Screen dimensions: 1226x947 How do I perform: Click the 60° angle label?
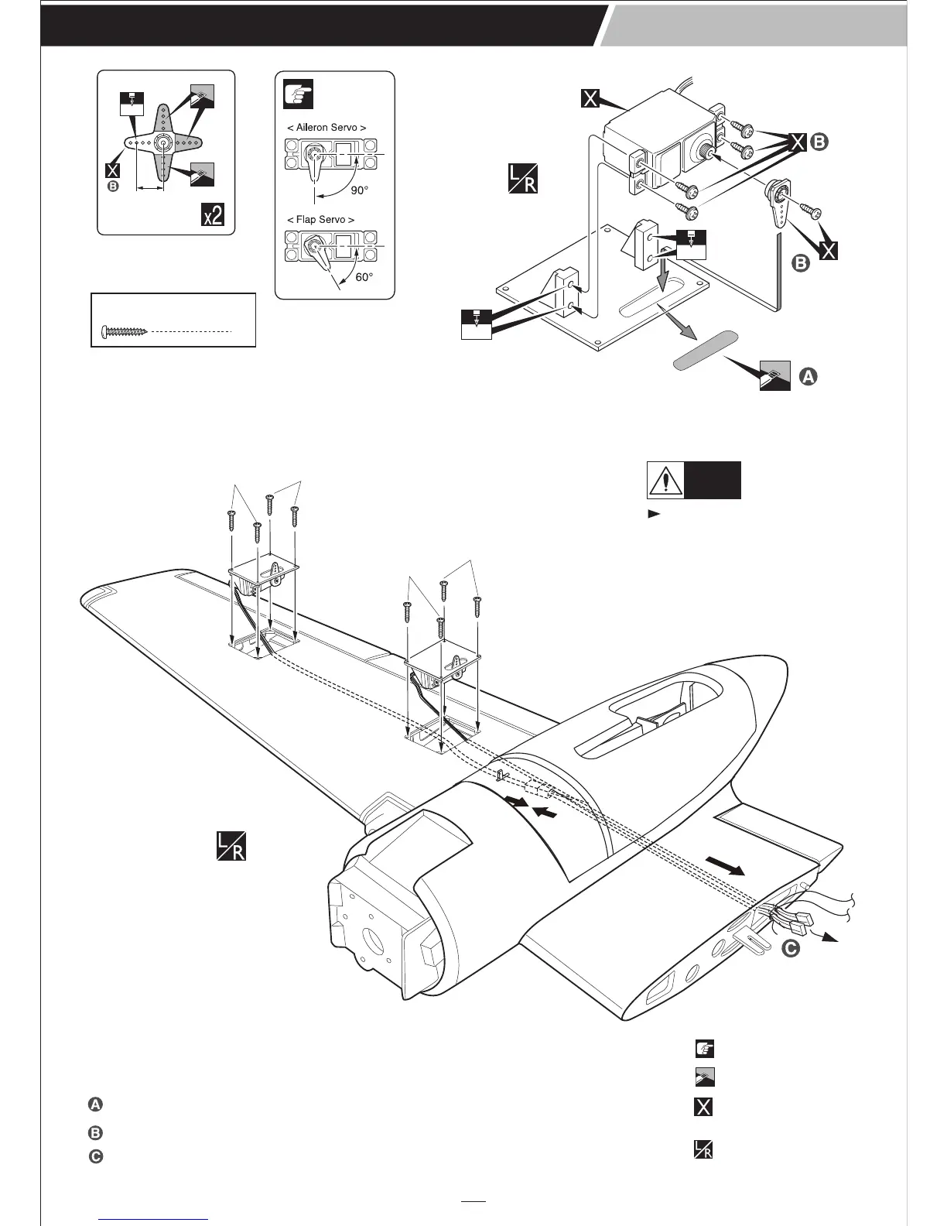click(364, 278)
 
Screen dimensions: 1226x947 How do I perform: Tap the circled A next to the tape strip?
click(806, 377)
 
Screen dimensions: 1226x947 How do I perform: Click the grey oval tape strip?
click(705, 352)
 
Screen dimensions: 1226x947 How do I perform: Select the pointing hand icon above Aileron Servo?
click(297, 94)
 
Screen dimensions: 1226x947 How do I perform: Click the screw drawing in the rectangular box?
click(125, 331)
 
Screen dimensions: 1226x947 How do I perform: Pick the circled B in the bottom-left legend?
click(94, 1133)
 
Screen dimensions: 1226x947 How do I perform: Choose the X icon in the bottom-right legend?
click(703, 1107)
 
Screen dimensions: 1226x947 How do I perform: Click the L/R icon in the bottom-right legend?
click(703, 1150)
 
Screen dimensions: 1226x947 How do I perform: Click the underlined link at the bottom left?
click(155, 1218)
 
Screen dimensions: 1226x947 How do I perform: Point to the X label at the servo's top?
click(590, 98)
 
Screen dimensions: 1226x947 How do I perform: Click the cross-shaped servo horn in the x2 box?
click(163, 142)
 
